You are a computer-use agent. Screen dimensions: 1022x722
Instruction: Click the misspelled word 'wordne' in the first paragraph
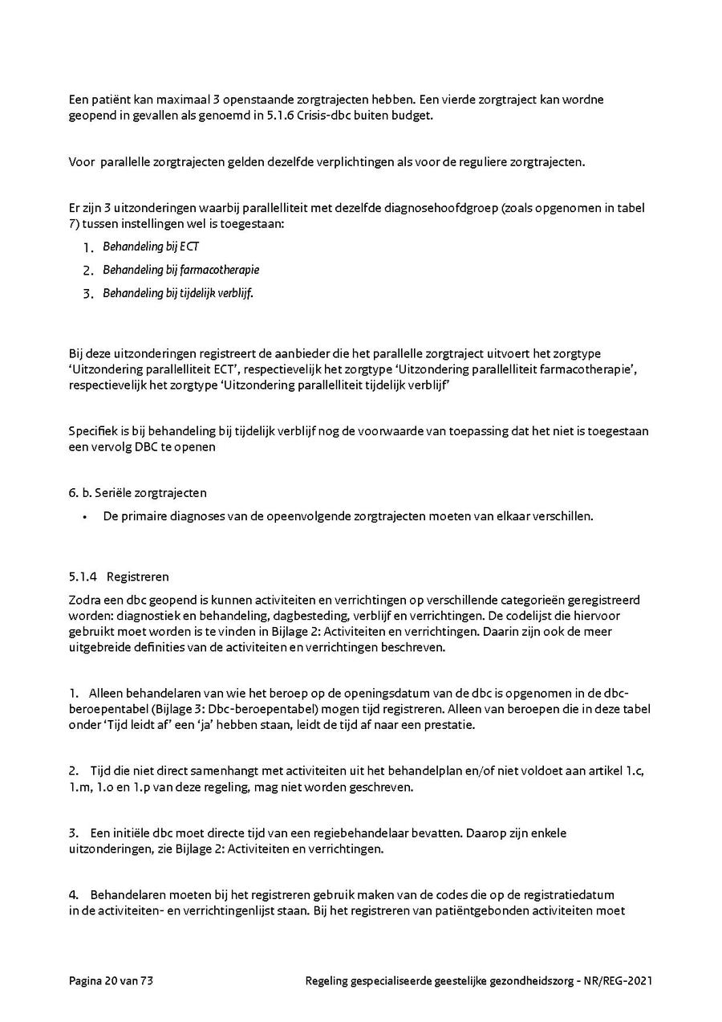[x=585, y=100]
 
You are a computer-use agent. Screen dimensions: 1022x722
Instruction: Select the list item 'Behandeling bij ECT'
[x=150, y=247]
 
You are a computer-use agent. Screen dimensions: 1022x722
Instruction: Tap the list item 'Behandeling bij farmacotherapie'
[x=180, y=271]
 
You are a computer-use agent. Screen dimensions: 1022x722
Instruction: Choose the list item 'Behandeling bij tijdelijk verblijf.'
[x=177, y=294]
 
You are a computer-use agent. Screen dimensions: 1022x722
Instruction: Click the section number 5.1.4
[x=83, y=576]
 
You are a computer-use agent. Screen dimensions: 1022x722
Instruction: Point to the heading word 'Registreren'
[x=137, y=576]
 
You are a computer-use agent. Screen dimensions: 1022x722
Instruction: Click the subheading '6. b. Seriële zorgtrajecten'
[x=137, y=493]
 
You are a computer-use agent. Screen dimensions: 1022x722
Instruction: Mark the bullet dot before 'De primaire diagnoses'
[x=84, y=516]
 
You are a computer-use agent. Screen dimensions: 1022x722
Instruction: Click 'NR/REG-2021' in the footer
[x=618, y=981]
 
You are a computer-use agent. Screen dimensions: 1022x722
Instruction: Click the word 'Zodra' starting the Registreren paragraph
[x=84, y=600]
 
